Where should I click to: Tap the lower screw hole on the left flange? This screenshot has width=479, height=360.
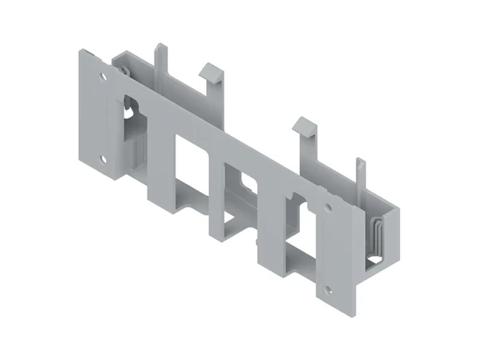[104, 160]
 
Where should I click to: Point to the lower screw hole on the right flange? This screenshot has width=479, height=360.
[327, 291]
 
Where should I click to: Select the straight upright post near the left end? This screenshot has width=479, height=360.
[160, 61]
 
